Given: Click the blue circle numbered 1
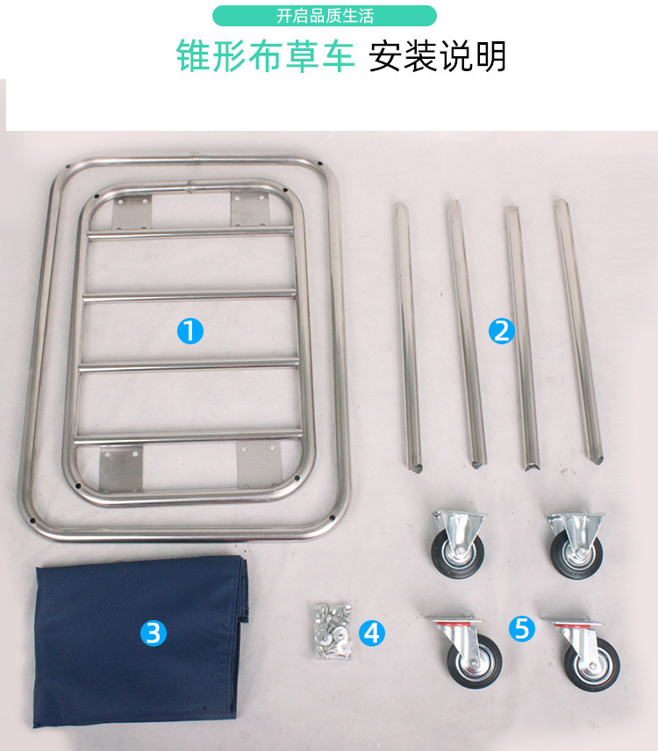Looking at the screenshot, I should pos(190,331).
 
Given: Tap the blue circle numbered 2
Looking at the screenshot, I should pos(501,331).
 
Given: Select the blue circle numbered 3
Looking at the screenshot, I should pos(154,632).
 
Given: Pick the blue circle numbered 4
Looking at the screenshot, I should pos(373,632).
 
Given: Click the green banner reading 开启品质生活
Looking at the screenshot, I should pos(325,16).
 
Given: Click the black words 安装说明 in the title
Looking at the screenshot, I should pos(438,56).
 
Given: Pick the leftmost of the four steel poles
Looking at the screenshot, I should pos(408,334).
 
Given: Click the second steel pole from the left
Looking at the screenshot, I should pos(465,332).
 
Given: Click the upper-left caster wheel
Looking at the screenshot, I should pos(456,545).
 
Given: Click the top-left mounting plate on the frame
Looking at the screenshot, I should pos(132,211).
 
